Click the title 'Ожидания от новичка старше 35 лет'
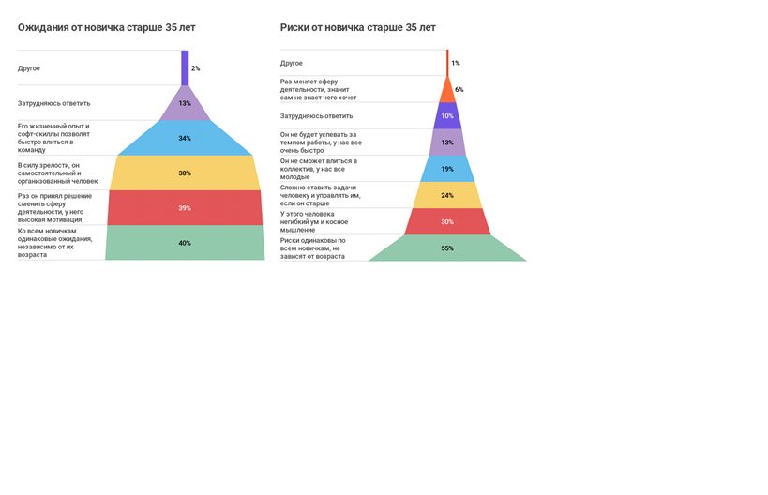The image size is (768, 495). (106, 28)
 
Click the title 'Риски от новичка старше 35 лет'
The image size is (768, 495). (357, 28)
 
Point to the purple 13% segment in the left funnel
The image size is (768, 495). (185, 104)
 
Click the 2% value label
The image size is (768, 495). (195, 68)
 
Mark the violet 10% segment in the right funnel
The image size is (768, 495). (447, 116)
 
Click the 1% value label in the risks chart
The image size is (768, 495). (456, 64)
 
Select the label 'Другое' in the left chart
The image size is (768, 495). (29, 68)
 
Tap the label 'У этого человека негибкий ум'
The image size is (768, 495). (314, 221)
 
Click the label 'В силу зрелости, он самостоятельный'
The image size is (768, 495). (57, 173)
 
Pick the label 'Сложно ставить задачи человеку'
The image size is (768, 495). (320, 195)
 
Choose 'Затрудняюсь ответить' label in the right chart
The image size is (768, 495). (316, 116)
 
